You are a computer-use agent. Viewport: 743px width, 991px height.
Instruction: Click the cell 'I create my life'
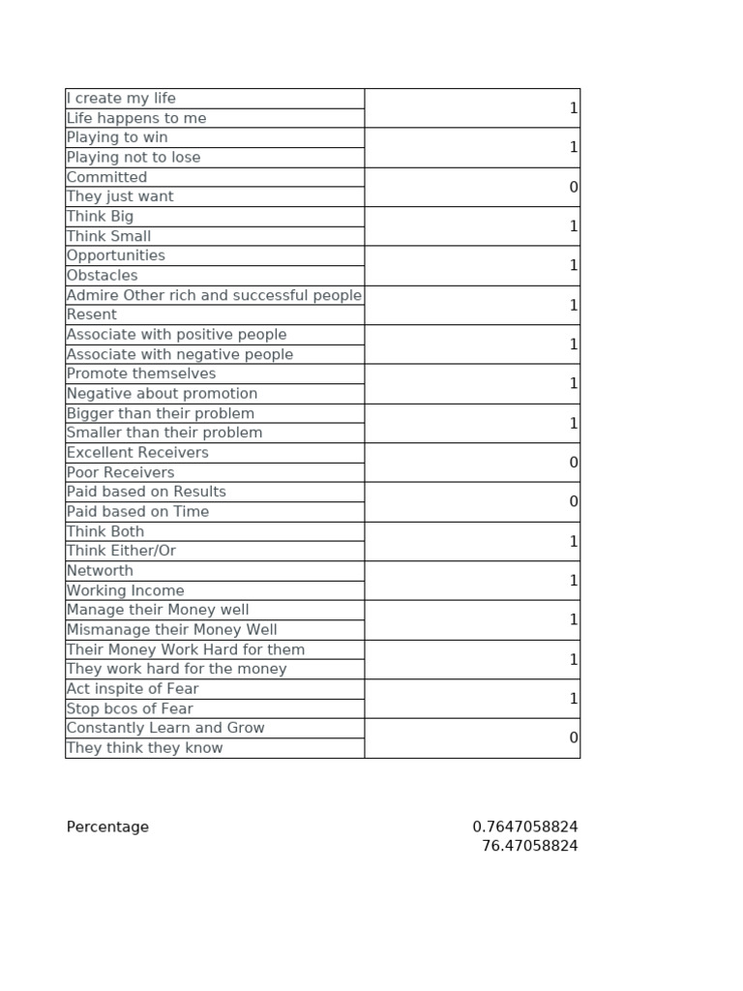[x=121, y=99]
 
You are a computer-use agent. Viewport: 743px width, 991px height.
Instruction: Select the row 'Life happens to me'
[x=136, y=118]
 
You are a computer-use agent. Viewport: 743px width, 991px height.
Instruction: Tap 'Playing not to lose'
[x=134, y=157]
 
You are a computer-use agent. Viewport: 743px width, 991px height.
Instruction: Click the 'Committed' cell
[x=106, y=177]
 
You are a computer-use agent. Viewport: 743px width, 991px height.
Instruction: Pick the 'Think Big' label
[x=100, y=217]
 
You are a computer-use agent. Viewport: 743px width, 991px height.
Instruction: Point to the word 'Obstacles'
[x=103, y=276]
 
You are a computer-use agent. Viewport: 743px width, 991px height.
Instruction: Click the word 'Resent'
[x=92, y=315]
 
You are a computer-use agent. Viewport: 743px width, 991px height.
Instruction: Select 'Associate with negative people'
[x=180, y=354]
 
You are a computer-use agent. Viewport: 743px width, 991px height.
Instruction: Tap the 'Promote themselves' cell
[x=141, y=374]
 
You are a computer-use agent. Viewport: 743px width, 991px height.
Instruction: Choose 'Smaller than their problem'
[x=164, y=433]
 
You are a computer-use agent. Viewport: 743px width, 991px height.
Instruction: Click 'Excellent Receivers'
[x=137, y=453]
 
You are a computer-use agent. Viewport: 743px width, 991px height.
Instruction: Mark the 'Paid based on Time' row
[x=137, y=512]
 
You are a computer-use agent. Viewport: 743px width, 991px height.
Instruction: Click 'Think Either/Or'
[x=121, y=551]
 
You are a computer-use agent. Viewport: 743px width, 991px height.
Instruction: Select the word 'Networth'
[x=100, y=571]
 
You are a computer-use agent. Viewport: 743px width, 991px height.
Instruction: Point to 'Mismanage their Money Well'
[x=171, y=630]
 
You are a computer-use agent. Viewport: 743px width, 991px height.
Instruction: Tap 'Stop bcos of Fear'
[x=130, y=708]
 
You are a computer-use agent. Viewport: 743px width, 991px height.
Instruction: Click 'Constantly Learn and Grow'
[x=165, y=728]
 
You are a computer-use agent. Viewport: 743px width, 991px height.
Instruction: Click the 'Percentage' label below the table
[x=107, y=827]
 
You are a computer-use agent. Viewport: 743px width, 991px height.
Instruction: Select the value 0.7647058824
[x=525, y=827]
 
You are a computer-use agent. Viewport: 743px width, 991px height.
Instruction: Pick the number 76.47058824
[x=530, y=847]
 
